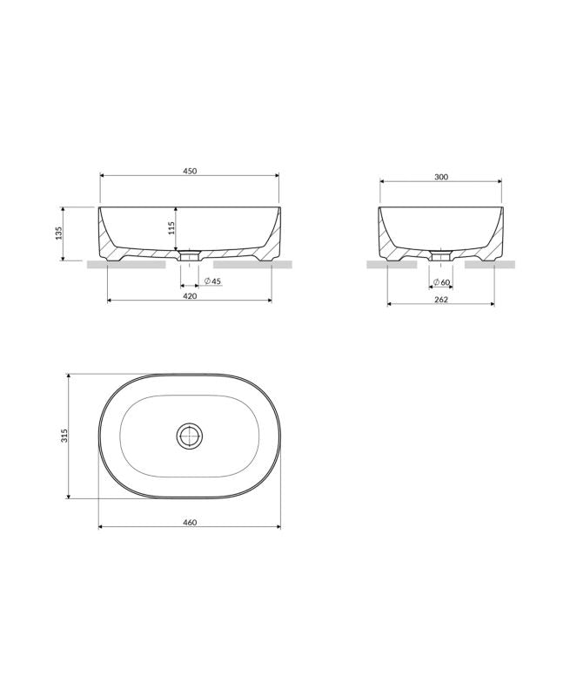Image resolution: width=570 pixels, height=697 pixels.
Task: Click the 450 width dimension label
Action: (x=190, y=171)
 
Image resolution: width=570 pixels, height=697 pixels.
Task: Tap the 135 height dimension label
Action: (x=59, y=233)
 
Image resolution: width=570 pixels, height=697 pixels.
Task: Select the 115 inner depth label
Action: (x=171, y=227)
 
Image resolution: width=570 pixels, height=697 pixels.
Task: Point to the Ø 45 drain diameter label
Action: (x=212, y=281)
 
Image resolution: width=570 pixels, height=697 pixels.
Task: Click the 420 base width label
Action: (x=190, y=296)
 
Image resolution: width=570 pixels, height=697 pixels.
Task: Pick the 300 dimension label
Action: (x=441, y=177)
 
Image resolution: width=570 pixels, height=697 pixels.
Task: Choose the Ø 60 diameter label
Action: (x=441, y=282)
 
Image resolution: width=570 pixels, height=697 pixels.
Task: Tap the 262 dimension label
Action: (x=441, y=300)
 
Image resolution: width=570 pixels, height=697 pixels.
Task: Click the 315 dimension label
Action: (x=64, y=436)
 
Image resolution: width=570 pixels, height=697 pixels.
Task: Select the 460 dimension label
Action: (x=190, y=523)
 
